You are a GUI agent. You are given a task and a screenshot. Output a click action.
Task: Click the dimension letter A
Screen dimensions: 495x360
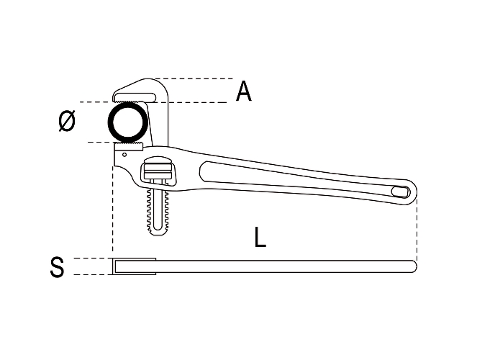coord(244,91)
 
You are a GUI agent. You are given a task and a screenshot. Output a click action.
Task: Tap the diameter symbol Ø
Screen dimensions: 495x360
coord(67,121)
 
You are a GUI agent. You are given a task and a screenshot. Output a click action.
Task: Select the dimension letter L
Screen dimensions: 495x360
coord(260,237)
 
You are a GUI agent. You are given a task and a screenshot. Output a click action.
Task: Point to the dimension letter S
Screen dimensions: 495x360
coord(57,267)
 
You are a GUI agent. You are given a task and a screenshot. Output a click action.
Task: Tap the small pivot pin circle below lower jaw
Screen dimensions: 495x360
coord(124,154)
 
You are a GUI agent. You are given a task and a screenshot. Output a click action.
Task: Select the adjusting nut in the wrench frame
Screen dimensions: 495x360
coord(158,171)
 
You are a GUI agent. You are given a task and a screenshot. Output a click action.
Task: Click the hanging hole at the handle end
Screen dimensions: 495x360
coord(400,192)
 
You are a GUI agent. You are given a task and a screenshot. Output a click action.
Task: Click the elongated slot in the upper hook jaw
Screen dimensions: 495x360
coord(135,96)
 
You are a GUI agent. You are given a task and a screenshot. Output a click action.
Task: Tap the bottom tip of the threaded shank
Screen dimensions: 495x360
coord(158,234)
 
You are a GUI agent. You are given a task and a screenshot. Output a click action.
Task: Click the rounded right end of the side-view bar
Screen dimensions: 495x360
coord(415,266)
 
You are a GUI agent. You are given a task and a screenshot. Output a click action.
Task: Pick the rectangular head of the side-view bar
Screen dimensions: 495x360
coord(135,266)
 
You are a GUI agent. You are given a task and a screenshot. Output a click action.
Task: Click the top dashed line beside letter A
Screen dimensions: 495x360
coord(194,78)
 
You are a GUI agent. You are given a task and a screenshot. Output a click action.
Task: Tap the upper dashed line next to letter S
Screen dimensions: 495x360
coord(93,258)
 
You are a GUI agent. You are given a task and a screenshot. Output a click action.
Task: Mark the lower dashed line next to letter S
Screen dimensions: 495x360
coord(93,274)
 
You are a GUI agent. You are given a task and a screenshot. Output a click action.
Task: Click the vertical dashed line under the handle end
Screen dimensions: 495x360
coord(417,230)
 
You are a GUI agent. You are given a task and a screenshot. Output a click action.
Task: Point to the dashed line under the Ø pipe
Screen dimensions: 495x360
coord(101,142)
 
